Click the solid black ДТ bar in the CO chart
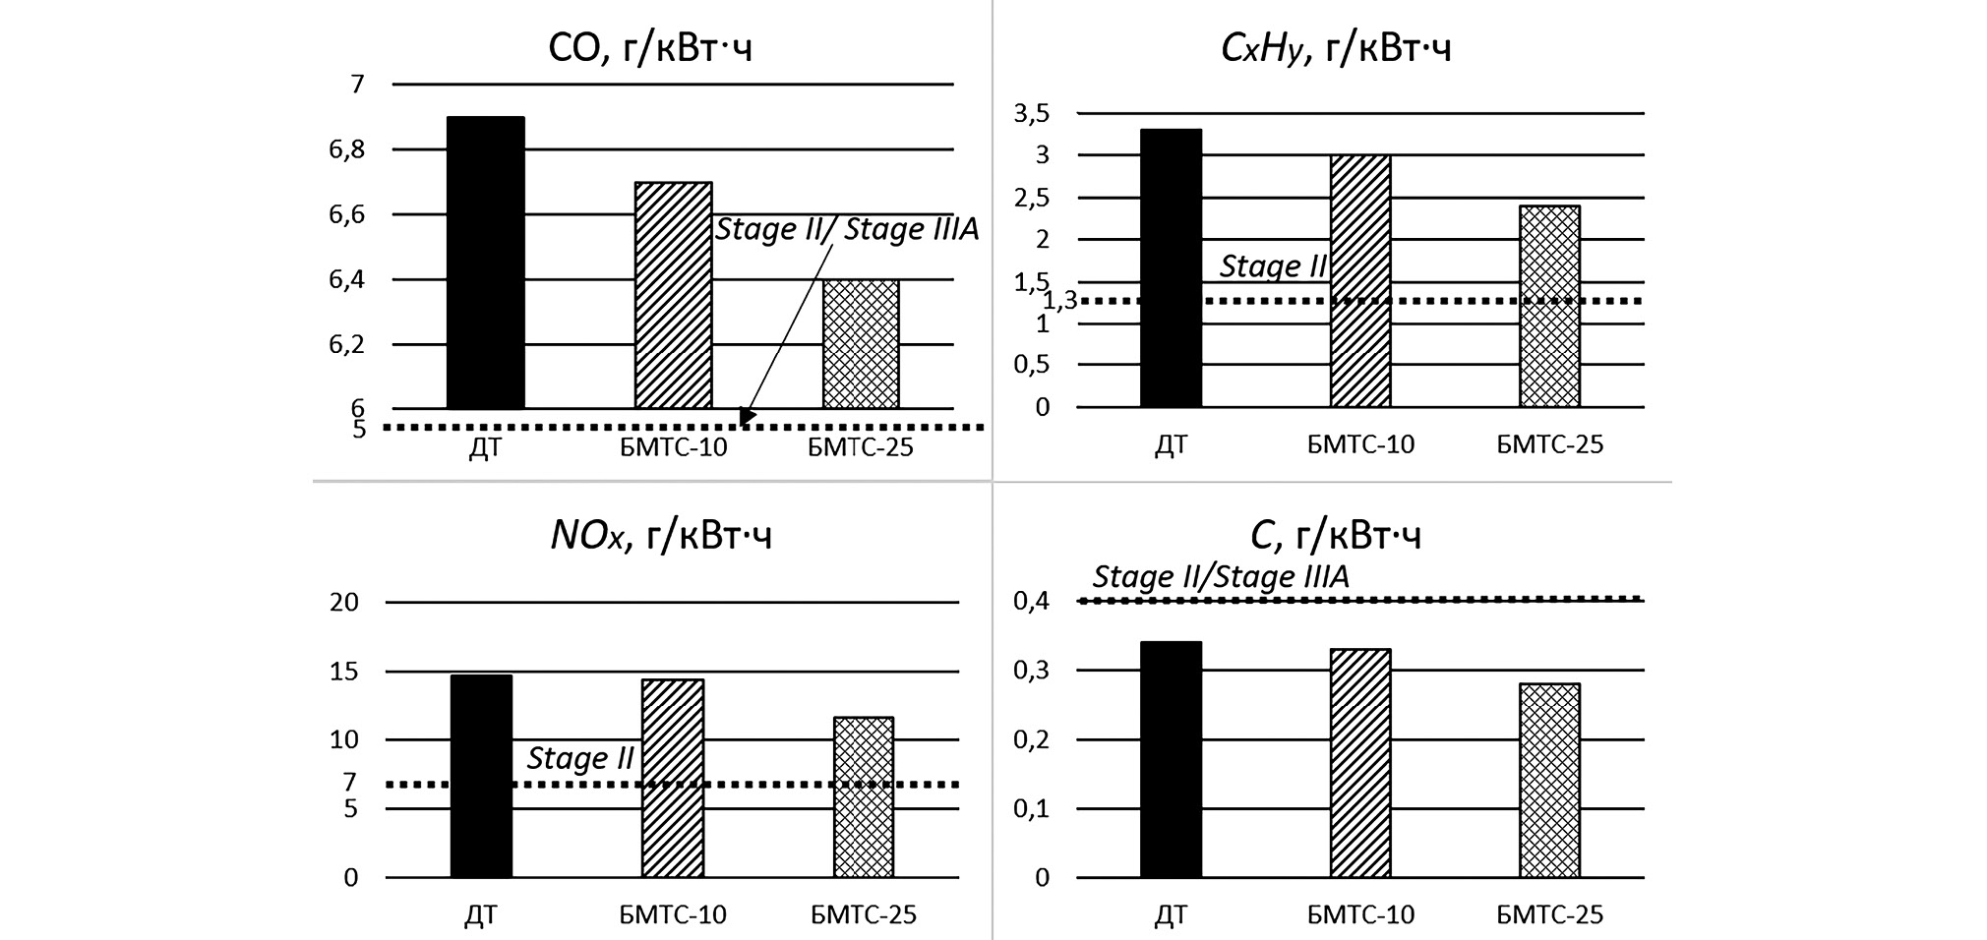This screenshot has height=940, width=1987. pyautogui.click(x=486, y=263)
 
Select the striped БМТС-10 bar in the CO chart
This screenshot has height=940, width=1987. pyautogui.click(x=674, y=295)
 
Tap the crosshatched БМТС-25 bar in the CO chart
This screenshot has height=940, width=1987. pyautogui.click(x=861, y=344)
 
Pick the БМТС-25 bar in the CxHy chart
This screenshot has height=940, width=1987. pyautogui.click(x=1549, y=306)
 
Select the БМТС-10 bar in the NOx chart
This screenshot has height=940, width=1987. pyautogui.click(x=673, y=778)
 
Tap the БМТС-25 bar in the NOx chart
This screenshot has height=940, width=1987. pyautogui.click(x=864, y=797)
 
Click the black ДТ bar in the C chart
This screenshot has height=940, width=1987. pyautogui.click(x=1171, y=759)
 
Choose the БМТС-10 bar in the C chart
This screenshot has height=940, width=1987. pyautogui.click(x=1360, y=763)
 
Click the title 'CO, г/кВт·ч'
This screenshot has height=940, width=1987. pyautogui.click(x=650, y=47)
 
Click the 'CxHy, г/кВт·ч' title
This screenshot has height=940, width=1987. pyautogui.click(x=1336, y=47)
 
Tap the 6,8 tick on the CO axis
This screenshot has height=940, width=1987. pyautogui.click(x=346, y=149)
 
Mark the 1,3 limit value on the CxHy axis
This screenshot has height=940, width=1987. pyautogui.click(x=1060, y=301)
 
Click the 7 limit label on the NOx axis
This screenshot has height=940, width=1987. pyautogui.click(x=349, y=783)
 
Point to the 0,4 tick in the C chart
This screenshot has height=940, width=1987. pyautogui.click(x=1031, y=601)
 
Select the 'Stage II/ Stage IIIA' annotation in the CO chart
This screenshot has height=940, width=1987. pyautogui.click(x=847, y=229)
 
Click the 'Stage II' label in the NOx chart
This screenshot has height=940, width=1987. pyautogui.click(x=580, y=758)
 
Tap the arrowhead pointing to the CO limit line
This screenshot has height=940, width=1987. pyautogui.click(x=746, y=418)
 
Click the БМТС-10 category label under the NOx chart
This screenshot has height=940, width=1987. pyautogui.click(x=673, y=915)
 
